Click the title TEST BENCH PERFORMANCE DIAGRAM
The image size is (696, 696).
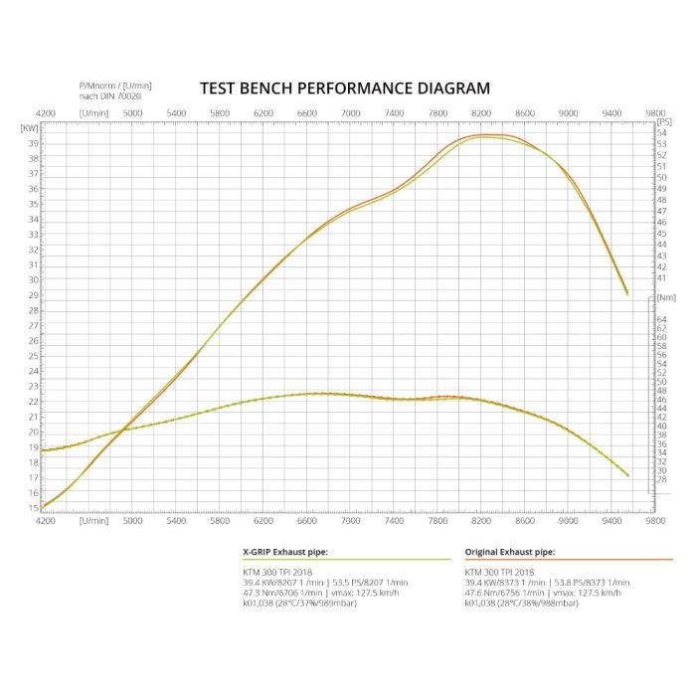tap(345, 88)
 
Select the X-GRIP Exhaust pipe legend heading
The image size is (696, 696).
tap(285, 551)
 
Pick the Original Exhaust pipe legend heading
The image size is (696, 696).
tap(510, 551)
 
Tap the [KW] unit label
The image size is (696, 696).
tap(30, 127)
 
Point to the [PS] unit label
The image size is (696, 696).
tap(664, 121)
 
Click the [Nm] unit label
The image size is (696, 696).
tap(665, 297)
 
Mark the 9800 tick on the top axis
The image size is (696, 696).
tap(654, 113)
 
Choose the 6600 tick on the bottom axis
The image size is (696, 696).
tap(306, 520)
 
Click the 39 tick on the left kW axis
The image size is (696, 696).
tap(34, 143)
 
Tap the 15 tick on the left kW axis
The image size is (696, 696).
tap(34, 508)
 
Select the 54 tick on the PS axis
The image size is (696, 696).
tap(662, 132)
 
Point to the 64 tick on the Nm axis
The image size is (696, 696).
tap(662, 319)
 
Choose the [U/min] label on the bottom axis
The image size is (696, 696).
tap(94, 520)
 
